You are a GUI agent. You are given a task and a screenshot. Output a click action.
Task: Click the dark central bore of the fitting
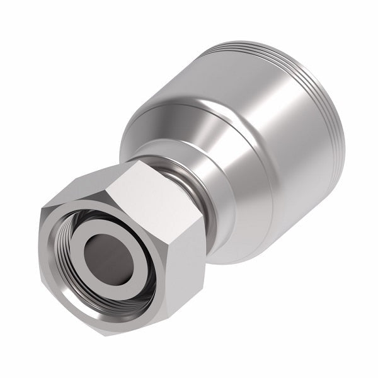pos(105,248)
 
